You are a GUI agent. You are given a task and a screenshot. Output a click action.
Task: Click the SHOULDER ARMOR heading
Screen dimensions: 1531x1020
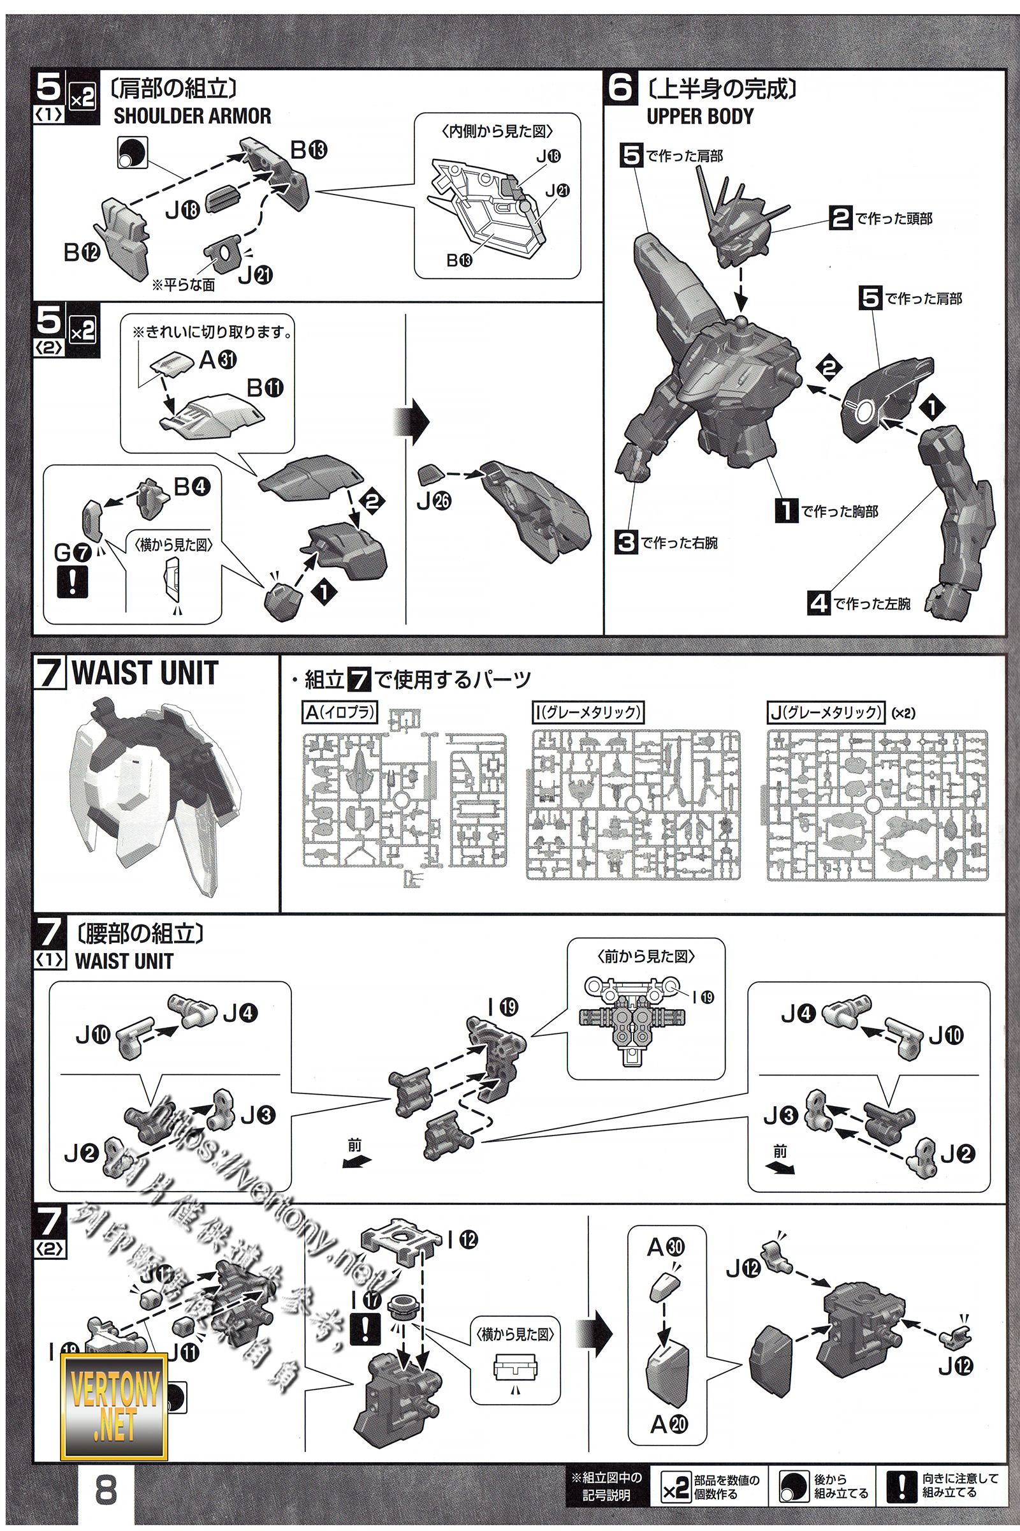pyautogui.click(x=192, y=117)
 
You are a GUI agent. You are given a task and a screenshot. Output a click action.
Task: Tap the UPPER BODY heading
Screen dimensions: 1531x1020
pyautogui.click(x=699, y=117)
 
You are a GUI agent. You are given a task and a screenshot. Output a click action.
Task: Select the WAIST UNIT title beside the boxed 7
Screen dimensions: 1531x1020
pyautogui.click(x=145, y=673)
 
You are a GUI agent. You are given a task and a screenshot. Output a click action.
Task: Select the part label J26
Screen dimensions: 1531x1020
pyautogui.click(x=434, y=501)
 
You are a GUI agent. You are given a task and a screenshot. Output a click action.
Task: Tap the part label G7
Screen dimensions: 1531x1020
pyautogui.click(x=72, y=552)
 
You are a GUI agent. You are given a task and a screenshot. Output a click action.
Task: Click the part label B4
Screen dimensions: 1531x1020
pyautogui.click(x=192, y=486)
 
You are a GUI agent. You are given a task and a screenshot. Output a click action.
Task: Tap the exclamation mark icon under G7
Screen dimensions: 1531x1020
pyautogui.click(x=72, y=581)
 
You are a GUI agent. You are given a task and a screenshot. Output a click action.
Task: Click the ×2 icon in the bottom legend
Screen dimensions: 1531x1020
pyautogui.click(x=674, y=1488)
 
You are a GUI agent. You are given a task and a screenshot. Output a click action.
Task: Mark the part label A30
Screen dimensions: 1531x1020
pyautogui.click(x=666, y=1246)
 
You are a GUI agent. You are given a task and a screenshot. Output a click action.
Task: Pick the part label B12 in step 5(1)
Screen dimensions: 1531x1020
pyautogui.click(x=82, y=252)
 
